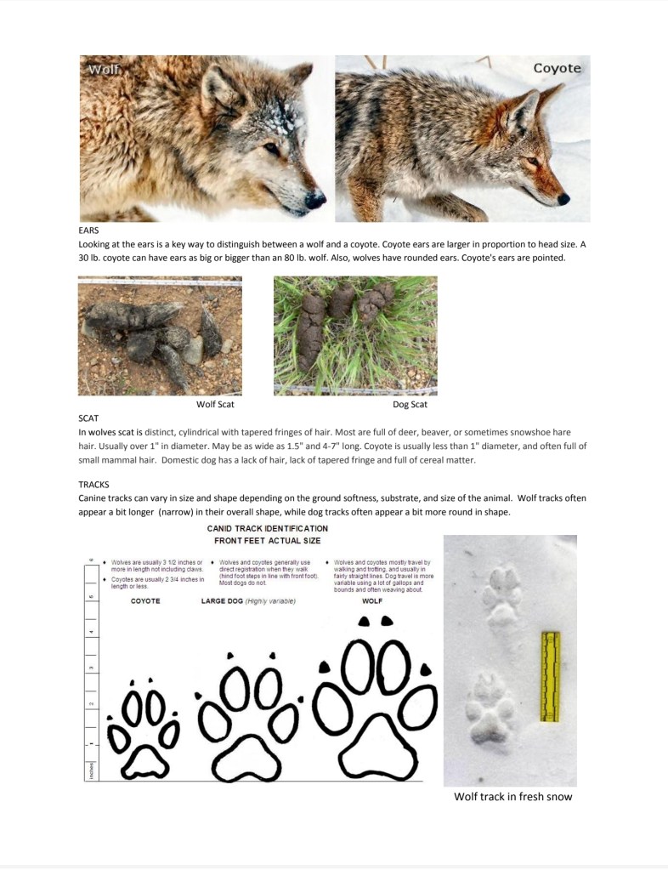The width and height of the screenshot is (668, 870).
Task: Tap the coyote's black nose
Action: [563, 199]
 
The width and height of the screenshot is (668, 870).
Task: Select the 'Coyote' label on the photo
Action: [557, 68]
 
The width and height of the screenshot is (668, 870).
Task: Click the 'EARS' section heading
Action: [88, 230]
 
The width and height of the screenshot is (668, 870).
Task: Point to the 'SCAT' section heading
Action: [88, 418]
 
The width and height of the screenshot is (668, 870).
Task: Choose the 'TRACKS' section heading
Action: [93, 484]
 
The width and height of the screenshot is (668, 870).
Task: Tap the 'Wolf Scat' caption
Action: [215, 404]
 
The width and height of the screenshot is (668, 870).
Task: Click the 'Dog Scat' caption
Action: [410, 404]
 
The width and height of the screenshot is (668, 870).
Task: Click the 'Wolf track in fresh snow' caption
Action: [512, 797]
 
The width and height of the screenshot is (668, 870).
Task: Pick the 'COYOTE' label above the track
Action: [145, 601]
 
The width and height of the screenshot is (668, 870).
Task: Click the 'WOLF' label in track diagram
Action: [372, 601]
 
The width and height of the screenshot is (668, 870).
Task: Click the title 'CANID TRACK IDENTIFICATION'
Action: [267, 528]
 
